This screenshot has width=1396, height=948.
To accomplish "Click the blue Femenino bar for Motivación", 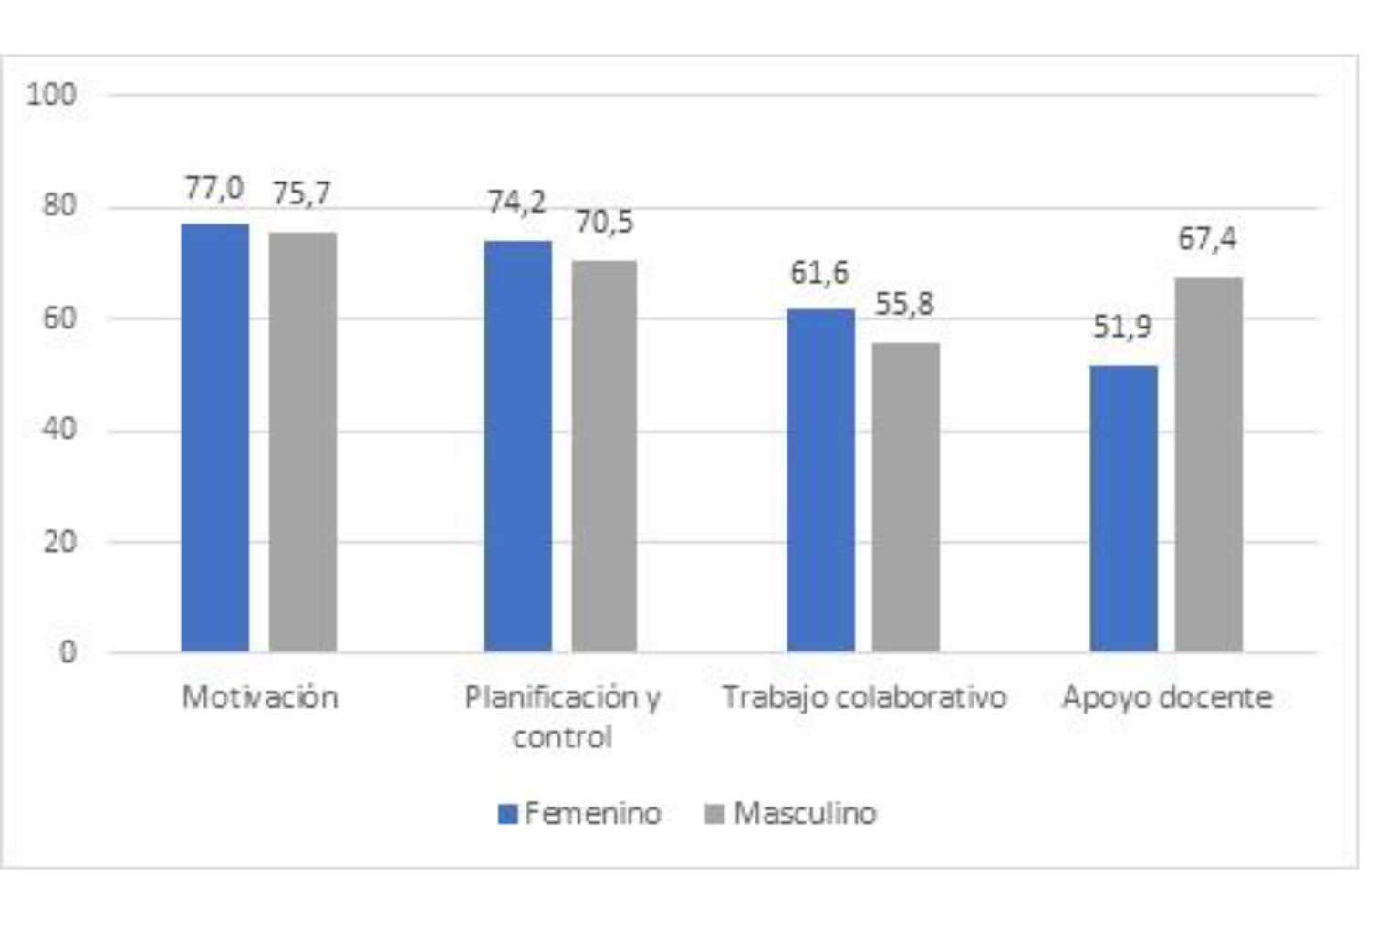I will coord(215,438).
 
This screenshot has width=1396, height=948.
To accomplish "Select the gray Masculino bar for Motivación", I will coord(303,443).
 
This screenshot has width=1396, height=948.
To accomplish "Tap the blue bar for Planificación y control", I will coord(518,446).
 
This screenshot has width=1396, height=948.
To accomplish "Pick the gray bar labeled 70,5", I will coord(604,456).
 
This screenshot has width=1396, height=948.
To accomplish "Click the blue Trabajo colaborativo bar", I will coord(821,480).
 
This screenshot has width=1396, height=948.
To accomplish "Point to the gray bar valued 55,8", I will coord(905,497).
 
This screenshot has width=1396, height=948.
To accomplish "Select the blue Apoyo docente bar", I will coord(1123,508).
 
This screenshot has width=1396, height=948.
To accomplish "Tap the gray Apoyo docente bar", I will coord(1208,464).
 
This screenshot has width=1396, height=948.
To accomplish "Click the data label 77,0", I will coord(214,188).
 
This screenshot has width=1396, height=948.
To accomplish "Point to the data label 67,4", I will coord(1207,239).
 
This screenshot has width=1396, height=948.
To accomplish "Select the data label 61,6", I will coord(819,272).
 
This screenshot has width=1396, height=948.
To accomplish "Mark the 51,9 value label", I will coord(1122,327).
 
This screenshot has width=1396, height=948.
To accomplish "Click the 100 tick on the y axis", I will coord(51,94).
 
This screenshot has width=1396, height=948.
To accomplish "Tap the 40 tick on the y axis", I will coord(59,429).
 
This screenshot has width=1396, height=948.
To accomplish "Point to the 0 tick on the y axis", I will coord(68,652).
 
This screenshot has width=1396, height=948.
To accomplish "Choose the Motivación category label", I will coord(260,698).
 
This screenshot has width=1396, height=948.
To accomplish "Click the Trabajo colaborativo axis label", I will coord(864,698).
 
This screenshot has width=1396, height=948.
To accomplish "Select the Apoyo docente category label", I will coord(1167,698).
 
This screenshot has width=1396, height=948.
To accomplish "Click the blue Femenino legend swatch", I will coord(508,814).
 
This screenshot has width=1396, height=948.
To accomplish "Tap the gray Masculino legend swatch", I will coord(715,814).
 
